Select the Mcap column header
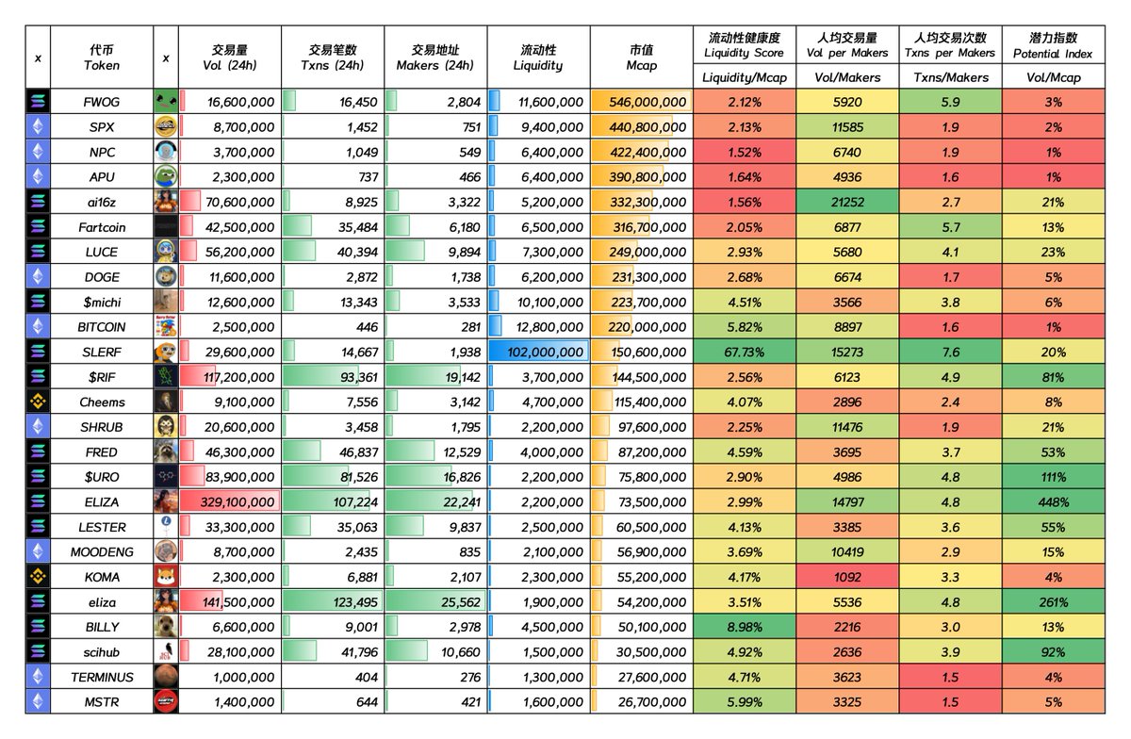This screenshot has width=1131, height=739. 641,58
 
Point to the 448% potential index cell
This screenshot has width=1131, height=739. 1053,501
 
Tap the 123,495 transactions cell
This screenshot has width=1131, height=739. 333,602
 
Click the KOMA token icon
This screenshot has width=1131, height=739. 166,577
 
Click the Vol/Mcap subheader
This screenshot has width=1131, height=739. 1053,78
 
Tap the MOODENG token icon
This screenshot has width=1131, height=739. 166,551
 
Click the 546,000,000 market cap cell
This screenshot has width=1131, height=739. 641,102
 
